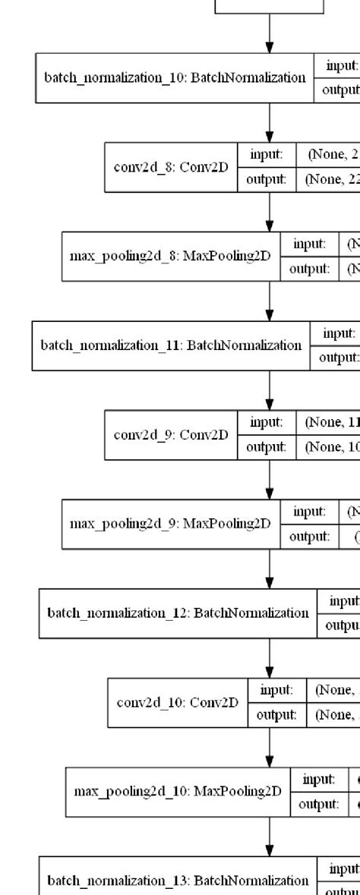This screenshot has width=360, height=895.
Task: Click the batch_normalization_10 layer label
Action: [x=175, y=77]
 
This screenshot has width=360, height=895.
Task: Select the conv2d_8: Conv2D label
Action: [x=171, y=166]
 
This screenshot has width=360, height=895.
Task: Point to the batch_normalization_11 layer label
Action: [x=171, y=345]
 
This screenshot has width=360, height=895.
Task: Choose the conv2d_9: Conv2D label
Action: [x=171, y=435]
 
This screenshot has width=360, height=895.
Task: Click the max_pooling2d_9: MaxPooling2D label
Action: [x=170, y=524]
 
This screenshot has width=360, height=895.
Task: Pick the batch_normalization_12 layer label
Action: [x=178, y=613]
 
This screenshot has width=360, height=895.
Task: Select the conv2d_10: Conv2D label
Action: [x=178, y=702]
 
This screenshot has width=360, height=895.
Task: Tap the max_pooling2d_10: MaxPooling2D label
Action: [x=178, y=792]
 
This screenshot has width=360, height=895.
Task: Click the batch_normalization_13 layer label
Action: [x=178, y=881]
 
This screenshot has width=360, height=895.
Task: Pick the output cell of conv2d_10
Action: [x=276, y=714]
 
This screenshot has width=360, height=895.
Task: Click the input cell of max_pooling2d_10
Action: [x=319, y=780]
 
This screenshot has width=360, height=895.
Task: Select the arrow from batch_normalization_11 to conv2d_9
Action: [x=270, y=390]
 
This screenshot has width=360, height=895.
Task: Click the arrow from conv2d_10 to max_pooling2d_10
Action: [x=270, y=747]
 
